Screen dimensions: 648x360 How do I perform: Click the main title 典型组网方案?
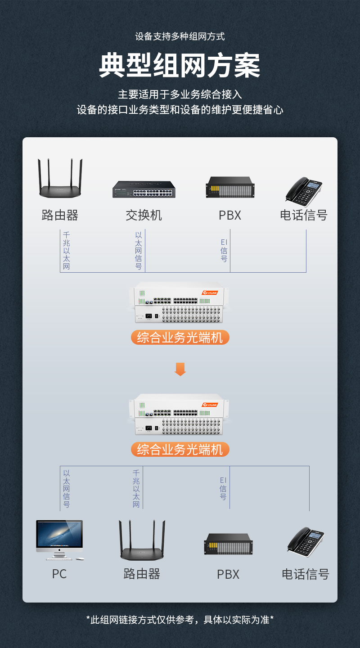[x=180, y=66]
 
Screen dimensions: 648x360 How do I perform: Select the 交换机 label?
[x=144, y=215]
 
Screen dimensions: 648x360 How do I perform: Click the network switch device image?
[x=144, y=189]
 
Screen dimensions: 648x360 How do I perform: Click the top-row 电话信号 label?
[x=303, y=215]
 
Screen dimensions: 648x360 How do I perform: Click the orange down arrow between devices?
[x=180, y=369]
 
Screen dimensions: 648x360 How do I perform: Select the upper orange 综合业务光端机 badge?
[x=180, y=337]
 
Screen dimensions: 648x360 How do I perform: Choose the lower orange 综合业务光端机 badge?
[x=180, y=449]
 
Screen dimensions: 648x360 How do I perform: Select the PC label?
[x=59, y=574]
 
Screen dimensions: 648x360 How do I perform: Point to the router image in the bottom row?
[x=142, y=540]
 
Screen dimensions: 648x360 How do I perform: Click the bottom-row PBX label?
[x=228, y=575]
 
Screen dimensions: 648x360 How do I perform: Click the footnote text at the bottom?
[x=180, y=620]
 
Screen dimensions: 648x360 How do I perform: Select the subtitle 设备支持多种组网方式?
[x=180, y=36]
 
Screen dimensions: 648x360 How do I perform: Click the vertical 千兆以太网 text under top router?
[x=67, y=251]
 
